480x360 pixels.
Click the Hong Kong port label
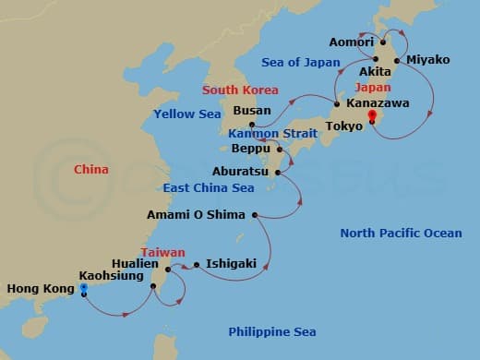point(40,289)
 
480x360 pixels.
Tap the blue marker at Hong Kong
point(83,288)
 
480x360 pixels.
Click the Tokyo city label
point(345,126)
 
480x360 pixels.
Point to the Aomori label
point(351,42)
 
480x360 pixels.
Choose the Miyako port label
point(427,60)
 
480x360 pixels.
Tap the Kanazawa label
point(378,104)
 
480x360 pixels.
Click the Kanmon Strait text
point(273,134)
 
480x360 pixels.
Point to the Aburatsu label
point(242,172)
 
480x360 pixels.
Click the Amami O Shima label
point(197,215)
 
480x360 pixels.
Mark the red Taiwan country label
point(162,252)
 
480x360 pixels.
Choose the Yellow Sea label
point(187,114)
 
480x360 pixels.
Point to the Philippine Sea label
point(272,331)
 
